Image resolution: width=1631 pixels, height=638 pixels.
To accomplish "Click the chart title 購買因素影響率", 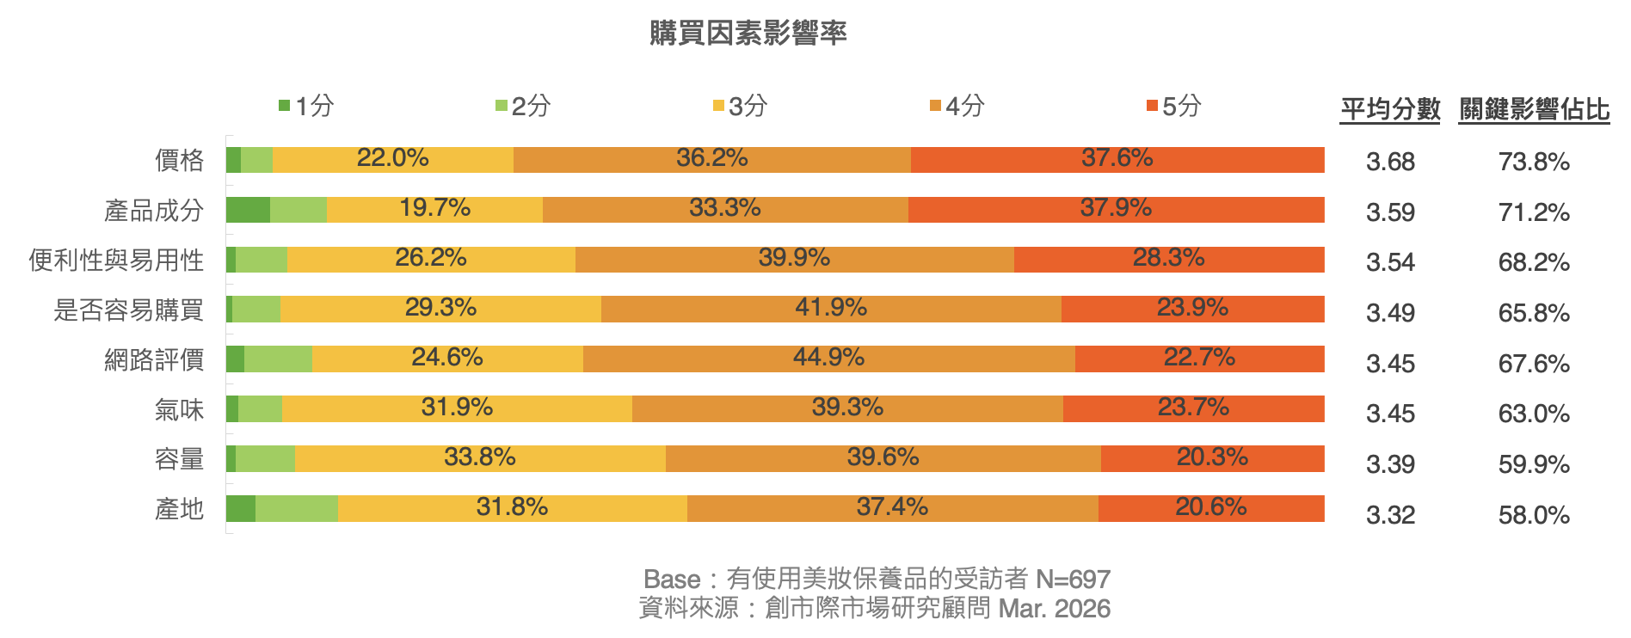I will tap(748, 34).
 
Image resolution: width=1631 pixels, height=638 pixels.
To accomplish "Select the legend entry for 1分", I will tap(306, 106).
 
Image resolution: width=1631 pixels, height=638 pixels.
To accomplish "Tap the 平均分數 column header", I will tap(1390, 110).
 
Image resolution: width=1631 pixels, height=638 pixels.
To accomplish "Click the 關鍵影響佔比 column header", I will tap(1534, 110).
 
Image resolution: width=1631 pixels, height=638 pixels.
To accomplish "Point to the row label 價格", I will tap(179, 160).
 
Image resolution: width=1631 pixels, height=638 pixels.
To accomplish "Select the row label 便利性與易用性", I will tap(116, 260).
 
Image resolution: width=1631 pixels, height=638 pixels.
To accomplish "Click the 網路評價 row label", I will tap(154, 359).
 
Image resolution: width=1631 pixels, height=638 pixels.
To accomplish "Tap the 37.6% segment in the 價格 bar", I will tap(1117, 160).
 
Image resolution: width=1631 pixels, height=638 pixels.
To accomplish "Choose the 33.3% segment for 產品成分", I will tap(724, 210).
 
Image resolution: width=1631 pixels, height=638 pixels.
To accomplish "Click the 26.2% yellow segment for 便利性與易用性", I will tap(430, 260).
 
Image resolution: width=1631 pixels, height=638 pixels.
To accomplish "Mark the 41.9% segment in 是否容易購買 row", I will tap(830, 310).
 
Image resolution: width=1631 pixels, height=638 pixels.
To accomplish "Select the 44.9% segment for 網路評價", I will tap(828, 359).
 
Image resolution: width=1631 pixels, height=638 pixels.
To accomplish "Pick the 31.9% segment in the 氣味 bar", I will tap(457, 409).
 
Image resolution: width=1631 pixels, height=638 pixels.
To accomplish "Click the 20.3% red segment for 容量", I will tap(1212, 459).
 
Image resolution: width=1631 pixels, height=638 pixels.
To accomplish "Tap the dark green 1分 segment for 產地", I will tap(241, 509).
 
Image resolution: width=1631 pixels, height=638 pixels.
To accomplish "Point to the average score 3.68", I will tap(1390, 162).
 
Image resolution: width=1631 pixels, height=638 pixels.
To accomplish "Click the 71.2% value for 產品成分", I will tap(1534, 212).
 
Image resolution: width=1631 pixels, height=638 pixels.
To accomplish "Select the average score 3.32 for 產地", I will tap(1390, 515).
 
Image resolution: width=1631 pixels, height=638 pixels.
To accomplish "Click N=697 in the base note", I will tap(1073, 579).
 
